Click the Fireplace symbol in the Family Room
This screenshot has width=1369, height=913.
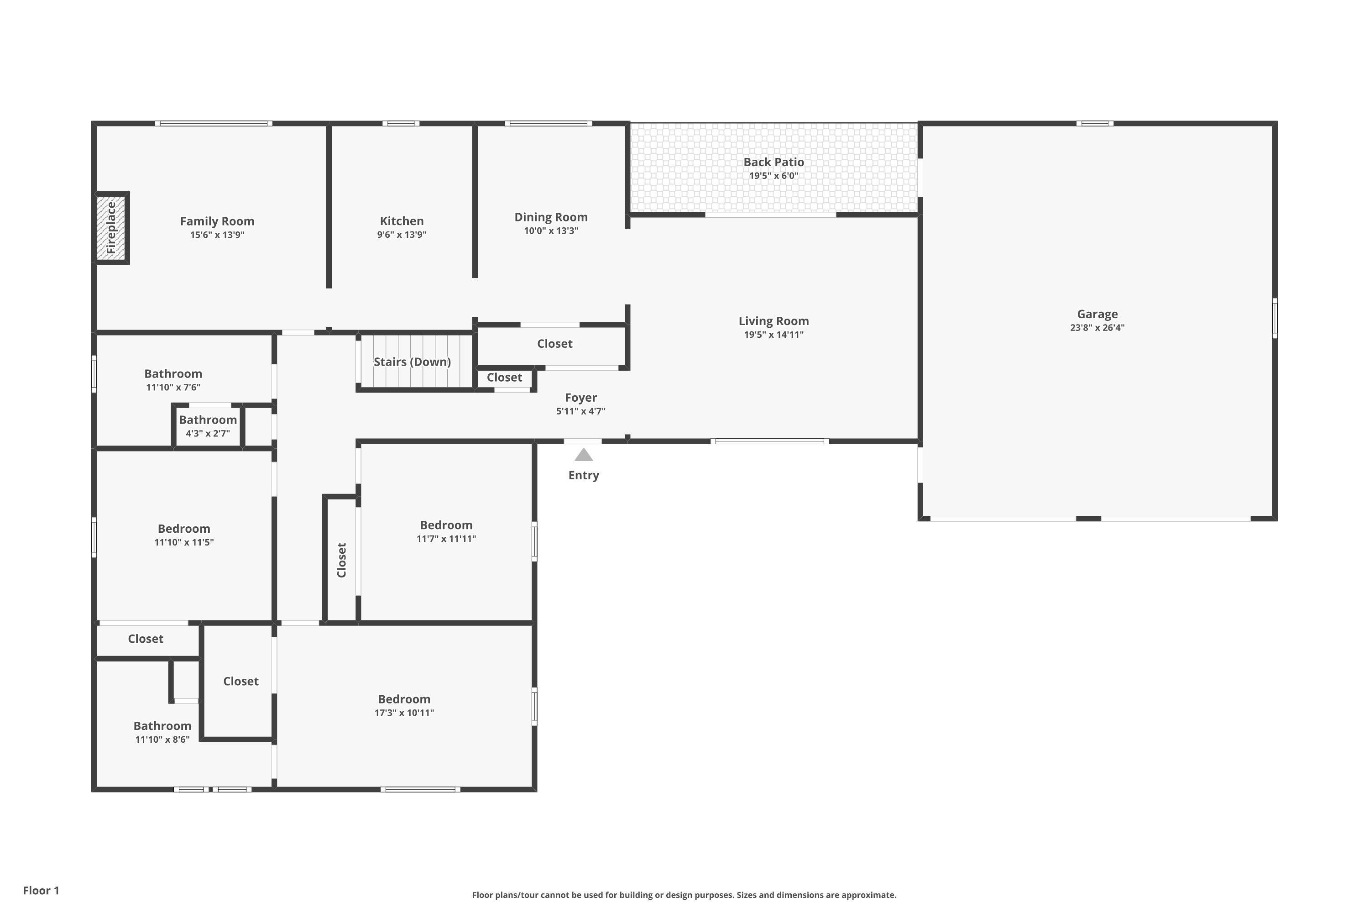111,228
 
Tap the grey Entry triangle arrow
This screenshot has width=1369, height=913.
583,455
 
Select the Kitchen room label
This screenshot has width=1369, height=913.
402,221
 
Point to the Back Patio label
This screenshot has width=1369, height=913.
773,163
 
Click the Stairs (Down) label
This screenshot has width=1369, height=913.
412,362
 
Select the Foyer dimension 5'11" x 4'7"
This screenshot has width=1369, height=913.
580,411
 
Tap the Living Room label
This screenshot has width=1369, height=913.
773,321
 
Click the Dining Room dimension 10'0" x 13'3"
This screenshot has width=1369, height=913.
551,231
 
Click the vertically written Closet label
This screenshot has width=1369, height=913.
342,560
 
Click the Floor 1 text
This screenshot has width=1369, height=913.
41,890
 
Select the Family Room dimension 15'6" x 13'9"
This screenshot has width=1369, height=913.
217,235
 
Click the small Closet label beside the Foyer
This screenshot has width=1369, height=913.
504,378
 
